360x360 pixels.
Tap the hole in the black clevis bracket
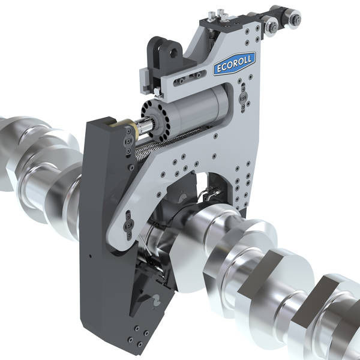(173, 53)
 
